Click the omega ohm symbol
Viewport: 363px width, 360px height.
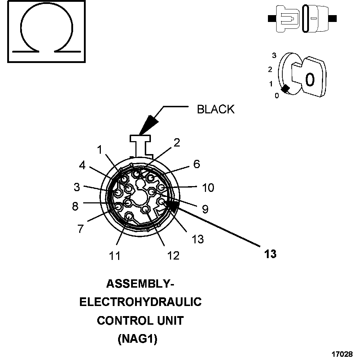47,32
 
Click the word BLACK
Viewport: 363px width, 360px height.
215,109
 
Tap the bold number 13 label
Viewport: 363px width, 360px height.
270,254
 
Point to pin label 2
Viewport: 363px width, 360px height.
176,143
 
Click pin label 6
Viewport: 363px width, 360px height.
196,164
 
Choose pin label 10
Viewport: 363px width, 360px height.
208,188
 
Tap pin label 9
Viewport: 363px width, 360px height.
205,210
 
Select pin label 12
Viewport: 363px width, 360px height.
173,255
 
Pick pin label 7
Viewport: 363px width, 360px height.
81,229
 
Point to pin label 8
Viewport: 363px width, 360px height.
75,206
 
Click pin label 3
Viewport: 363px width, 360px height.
76,187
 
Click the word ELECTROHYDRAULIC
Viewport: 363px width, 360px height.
140,302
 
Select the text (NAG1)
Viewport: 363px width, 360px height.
138,339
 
